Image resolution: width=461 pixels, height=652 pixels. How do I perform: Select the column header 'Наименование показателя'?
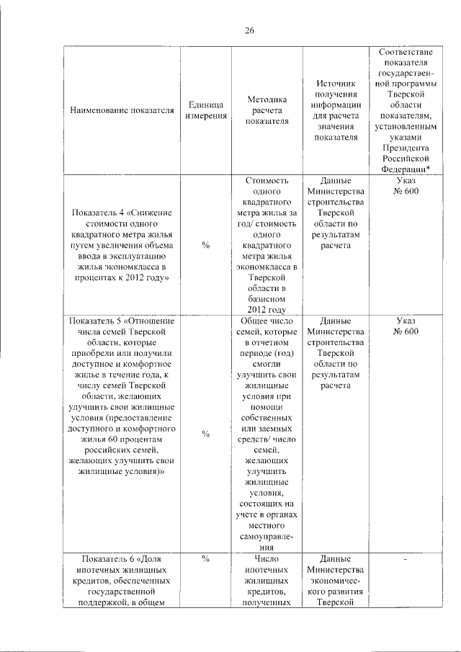[x=122, y=110]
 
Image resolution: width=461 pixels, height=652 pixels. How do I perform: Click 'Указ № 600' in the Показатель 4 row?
[x=406, y=186]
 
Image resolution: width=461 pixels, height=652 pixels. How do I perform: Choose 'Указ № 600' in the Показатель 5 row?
[x=406, y=326]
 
